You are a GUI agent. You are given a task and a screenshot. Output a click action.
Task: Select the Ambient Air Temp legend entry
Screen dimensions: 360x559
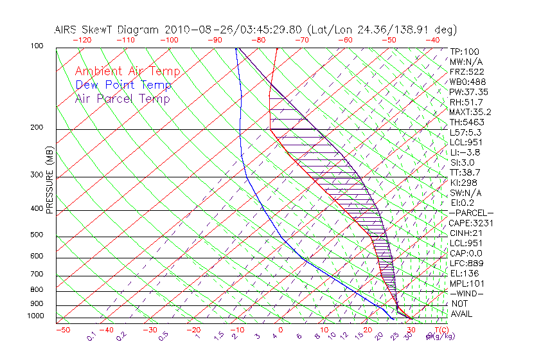click(127, 72)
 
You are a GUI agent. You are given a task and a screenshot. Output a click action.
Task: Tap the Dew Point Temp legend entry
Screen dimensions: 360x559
click(123, 85)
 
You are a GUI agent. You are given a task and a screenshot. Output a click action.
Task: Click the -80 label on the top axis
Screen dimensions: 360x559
click(258, 40)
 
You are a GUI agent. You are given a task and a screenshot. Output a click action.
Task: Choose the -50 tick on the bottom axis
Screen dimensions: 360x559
click(62, 330)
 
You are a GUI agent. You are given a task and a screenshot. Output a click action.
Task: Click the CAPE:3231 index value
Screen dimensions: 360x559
click(470, 223)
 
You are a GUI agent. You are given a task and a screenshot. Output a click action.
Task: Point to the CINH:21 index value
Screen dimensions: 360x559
click(466, 233)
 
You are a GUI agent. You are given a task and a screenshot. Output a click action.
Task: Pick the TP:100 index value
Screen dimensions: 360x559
click(465, 51)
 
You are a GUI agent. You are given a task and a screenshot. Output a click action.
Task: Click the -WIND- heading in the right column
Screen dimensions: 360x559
click(467, 293)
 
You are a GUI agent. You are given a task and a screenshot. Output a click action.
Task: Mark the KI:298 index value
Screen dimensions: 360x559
click(465, 183)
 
